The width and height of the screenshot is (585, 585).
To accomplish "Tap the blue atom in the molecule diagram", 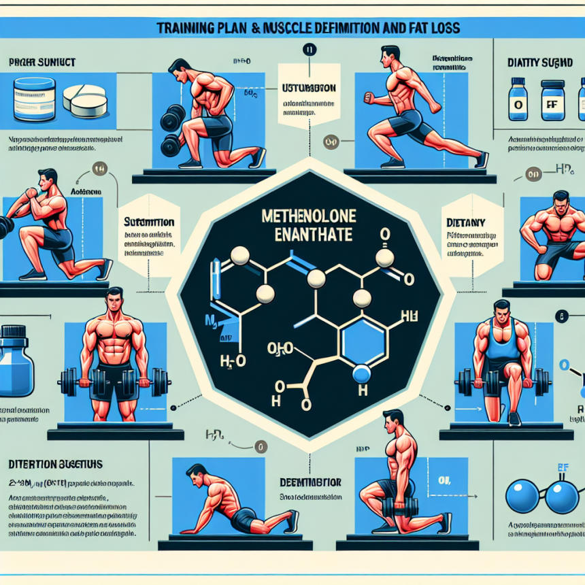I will (362, 372).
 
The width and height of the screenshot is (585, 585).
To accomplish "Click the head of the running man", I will (390, 55).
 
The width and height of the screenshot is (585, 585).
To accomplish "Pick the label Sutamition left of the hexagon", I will (148, 222).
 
